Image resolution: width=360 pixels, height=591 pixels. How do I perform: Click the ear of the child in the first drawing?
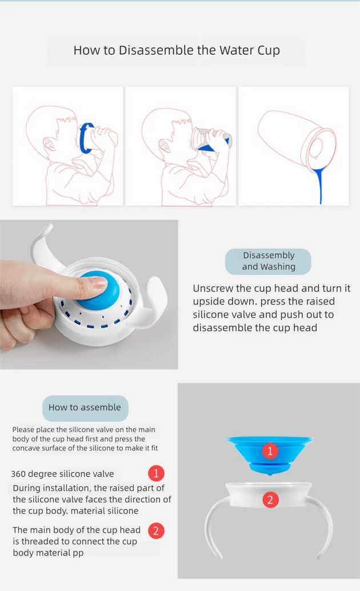pyautogui.click(x=49, y=144)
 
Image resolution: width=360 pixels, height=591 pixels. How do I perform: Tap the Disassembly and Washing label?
pyautogui.click(x=268, y=261)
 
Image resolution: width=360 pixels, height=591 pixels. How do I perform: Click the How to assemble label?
pyautogui.click(x=85, y=408)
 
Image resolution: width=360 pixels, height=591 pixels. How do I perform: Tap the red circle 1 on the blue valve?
pyautogui.click(x=270, y=451)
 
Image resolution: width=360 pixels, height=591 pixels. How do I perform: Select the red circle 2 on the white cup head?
pyautogui.click(x=270, y=500)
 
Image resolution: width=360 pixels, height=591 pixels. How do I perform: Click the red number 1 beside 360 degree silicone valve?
pyautogui.click(x=156, y=473)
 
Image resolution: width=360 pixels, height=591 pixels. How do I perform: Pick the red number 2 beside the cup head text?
pyautogui.click(x=156, y=530)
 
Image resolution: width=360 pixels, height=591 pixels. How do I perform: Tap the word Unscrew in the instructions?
pyautogui.click(x=213, y=288)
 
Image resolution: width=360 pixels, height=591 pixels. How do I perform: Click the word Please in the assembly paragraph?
pyautogui.click(x=23, y=430)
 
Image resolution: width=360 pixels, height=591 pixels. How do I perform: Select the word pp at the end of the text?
pyautogui.click(x=78, y=553)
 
